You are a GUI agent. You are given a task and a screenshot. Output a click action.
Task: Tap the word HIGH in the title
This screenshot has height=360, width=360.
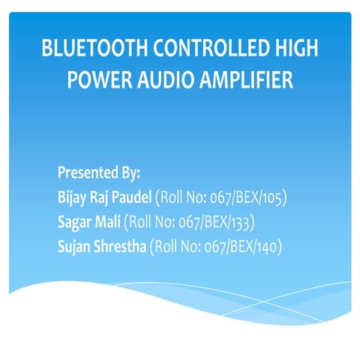[x=295, y=51]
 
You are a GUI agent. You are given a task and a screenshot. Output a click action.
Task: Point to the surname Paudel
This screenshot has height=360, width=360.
[x=132, y=198]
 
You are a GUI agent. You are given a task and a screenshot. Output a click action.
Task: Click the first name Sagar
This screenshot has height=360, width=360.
[x=76, y=222]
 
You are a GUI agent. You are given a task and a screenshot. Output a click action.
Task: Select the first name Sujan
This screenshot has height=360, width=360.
[x=75, y=246]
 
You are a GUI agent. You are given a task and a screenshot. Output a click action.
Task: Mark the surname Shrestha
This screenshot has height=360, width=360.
[x=121, y=246]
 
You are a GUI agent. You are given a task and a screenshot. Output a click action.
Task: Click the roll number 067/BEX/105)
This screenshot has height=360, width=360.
[x=252, y=198]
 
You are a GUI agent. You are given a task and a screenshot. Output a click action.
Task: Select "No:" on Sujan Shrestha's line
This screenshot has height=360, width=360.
[x=194, y=246]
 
